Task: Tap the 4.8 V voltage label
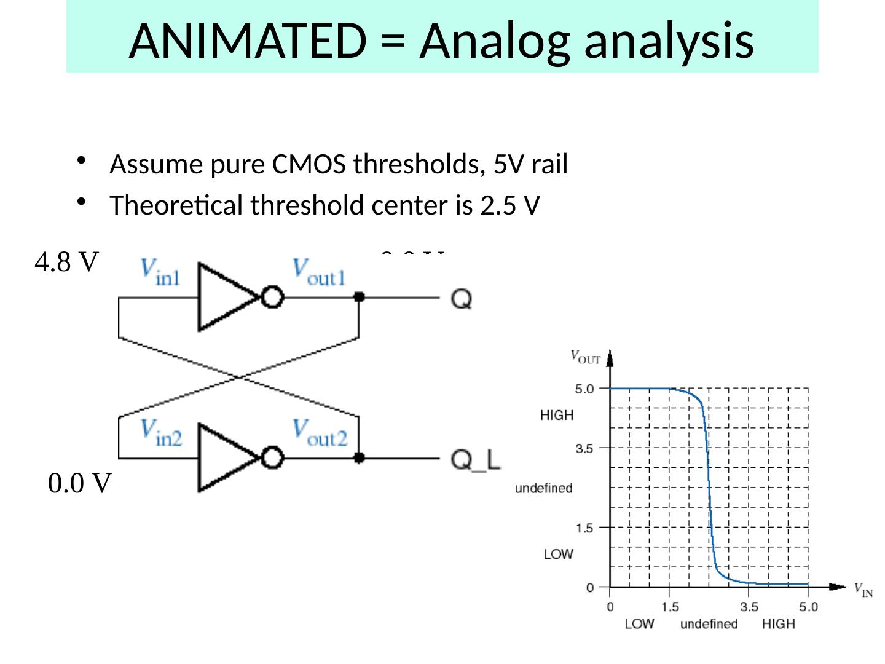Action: pyautogui.click(x=66, y=263)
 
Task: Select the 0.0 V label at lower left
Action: pyautogui.click(x=80, y=484)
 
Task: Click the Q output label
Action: pyautogui.click(x=462, y=299)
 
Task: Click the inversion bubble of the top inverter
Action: pyautogui.click(x=272, y=298)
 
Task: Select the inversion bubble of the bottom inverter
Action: pyautogui.click(x=272, y=458)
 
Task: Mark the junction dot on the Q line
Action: pyautogui.click(x=359, y=298)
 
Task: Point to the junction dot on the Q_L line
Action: pyautogui.click(x=359, y=458)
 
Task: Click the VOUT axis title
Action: pyautogui.click(x=585, y=357)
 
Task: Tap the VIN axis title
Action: pyautogui.click(x=863, y=590)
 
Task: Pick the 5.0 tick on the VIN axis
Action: pyautogui.click(x=808, y=607)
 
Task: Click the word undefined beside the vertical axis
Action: pyautogui.click(x=543, y=488)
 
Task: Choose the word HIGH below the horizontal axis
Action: pyautogui.click(x=778, y=624)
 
